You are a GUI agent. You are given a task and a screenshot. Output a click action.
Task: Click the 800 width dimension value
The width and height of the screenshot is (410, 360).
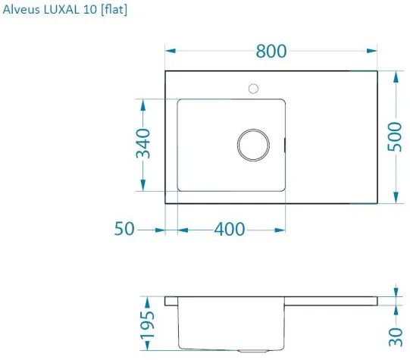click(271, 51)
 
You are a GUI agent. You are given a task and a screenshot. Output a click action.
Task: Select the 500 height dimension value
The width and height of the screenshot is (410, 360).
click(394, 137)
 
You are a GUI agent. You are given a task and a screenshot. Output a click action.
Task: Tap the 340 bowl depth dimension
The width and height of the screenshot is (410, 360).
click(143, 144)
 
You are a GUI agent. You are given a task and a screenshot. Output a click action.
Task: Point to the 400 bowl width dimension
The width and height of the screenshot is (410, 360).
click(229, 229)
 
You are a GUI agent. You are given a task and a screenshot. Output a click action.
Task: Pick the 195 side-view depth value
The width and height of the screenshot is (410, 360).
click(149, 324)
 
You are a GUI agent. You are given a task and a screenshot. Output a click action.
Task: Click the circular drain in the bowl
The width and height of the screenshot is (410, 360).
click(253, 144)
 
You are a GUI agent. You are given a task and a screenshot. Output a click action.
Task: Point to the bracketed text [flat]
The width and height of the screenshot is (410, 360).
click(112, 10)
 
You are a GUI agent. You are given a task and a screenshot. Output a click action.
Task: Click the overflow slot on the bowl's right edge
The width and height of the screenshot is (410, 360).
click(285, 142)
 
